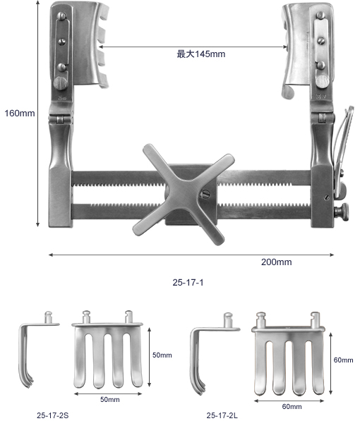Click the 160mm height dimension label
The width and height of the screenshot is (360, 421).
pos(20,114)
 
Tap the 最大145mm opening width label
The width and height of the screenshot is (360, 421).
pos(201,54)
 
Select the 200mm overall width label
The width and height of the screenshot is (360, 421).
pos(277,262)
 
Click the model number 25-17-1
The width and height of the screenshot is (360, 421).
pos(188,283)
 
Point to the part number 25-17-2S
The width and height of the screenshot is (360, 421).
pos(53,415)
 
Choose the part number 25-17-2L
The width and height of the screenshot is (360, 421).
pos(222,415)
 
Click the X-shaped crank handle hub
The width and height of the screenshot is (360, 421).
pos(184,194)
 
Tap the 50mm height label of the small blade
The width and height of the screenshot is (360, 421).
pos(162,355)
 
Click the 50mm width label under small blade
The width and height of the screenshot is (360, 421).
pos(110,400)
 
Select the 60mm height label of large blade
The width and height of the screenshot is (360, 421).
pos(343,360)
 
